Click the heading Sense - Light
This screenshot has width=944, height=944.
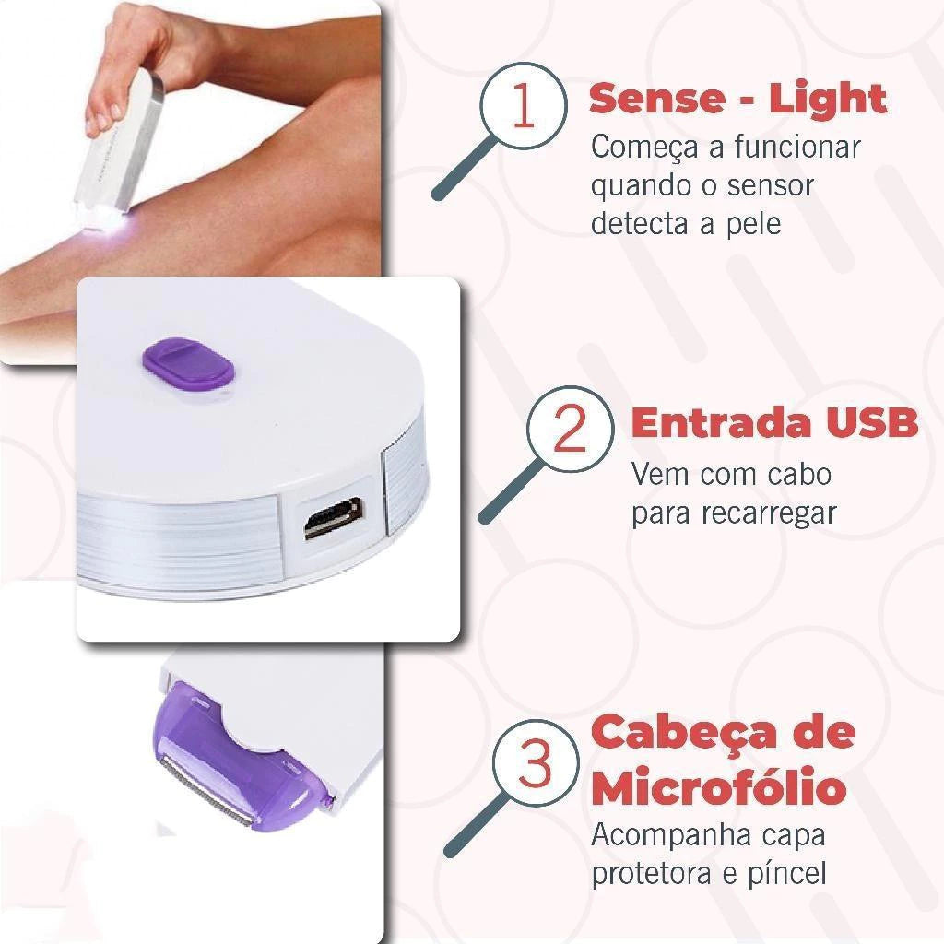coord(737,98)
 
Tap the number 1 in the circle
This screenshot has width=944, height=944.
coord(522,108)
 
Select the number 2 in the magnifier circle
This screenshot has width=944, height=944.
coord(570,429)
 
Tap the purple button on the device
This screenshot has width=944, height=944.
coord(189,361)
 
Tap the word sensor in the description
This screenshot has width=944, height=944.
coord(770,185)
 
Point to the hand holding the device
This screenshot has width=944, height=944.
coord(129,65)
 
